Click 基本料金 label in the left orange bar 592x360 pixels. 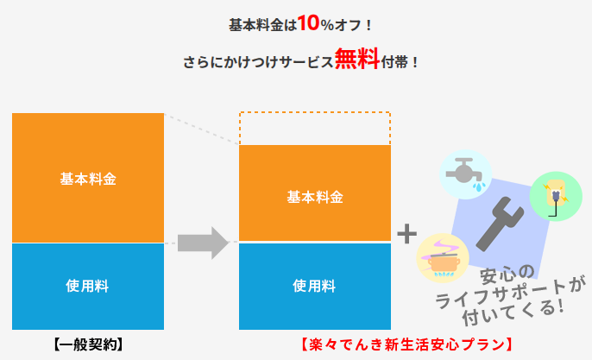(x=88, y=179)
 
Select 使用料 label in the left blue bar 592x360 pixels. (x=88, y=284)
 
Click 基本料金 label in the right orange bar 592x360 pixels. (x=314, y=196)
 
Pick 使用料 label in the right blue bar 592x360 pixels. (x=314, y=284)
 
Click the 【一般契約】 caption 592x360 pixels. (x=88, y=344)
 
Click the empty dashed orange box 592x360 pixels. (x=314, y=128)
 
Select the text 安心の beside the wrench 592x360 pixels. (x=508, y=278)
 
